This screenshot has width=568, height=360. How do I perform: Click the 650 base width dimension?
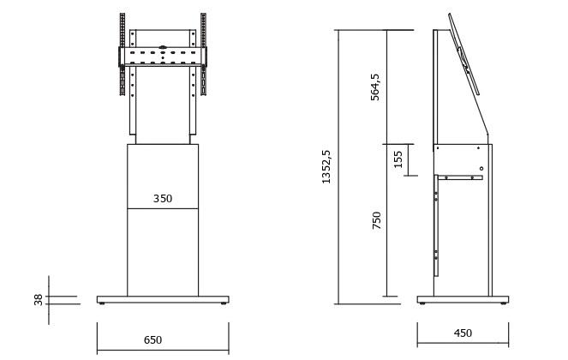(152, 340)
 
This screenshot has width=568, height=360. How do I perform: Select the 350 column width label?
(163, 199)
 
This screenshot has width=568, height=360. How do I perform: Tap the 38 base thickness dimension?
(39, 300)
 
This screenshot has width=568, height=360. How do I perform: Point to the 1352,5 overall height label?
(326, 167)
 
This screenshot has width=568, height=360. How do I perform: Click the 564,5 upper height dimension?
(375, 87)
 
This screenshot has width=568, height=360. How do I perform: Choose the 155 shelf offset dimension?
(398, 159)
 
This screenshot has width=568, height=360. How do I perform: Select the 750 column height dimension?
(377, 220)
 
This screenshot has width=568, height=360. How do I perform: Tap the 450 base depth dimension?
(463, 333)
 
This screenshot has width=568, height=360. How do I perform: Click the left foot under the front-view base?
(101, 303)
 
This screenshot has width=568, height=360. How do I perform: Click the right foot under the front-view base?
(224, 303)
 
